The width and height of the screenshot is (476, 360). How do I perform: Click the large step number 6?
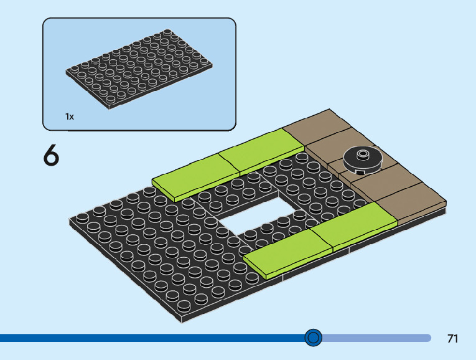tap(51, 156)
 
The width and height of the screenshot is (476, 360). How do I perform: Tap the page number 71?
tap(452, 339)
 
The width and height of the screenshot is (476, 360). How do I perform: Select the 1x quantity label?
tap(70, 116)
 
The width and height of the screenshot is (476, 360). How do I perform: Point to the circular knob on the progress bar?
tap(314, 338)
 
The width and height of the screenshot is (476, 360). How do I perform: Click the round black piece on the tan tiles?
tap(362, 159)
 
